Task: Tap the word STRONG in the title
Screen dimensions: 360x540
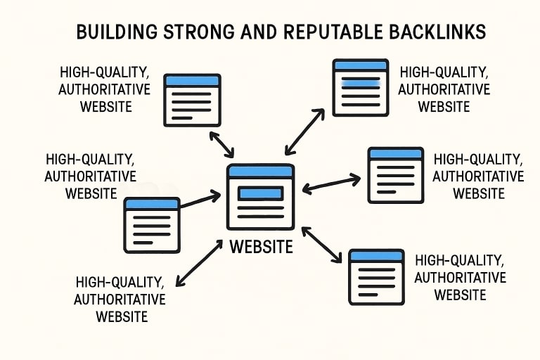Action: click(x=191, y=32)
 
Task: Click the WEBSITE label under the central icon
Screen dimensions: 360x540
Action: click(x=262, y=247)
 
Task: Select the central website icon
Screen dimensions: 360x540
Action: click(x=260, y=198)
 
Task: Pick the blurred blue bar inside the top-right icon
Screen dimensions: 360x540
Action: click(x=359, y=82)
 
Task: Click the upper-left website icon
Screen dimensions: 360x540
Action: click(x=191, y=100)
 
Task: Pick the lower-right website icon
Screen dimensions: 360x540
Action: click(x=377, y=276)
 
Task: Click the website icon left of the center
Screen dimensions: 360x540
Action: click(x=152, y=224)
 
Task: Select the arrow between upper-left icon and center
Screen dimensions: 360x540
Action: click(x=221, y=143)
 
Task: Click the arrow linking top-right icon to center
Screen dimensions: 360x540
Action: click(x=304, y=131)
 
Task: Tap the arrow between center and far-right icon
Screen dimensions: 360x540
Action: click(x=330, y=184)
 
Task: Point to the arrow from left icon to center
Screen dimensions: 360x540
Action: click(x=200, y=199)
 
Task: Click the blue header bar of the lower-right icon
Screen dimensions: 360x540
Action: click(x=377, y=256)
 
